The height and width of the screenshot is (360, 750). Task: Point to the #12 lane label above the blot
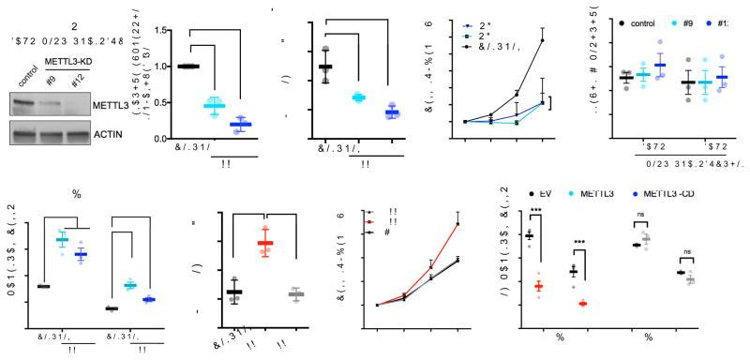click(x=82, y=77)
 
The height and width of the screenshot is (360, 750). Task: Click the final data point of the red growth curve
click(x=458, y=223)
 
